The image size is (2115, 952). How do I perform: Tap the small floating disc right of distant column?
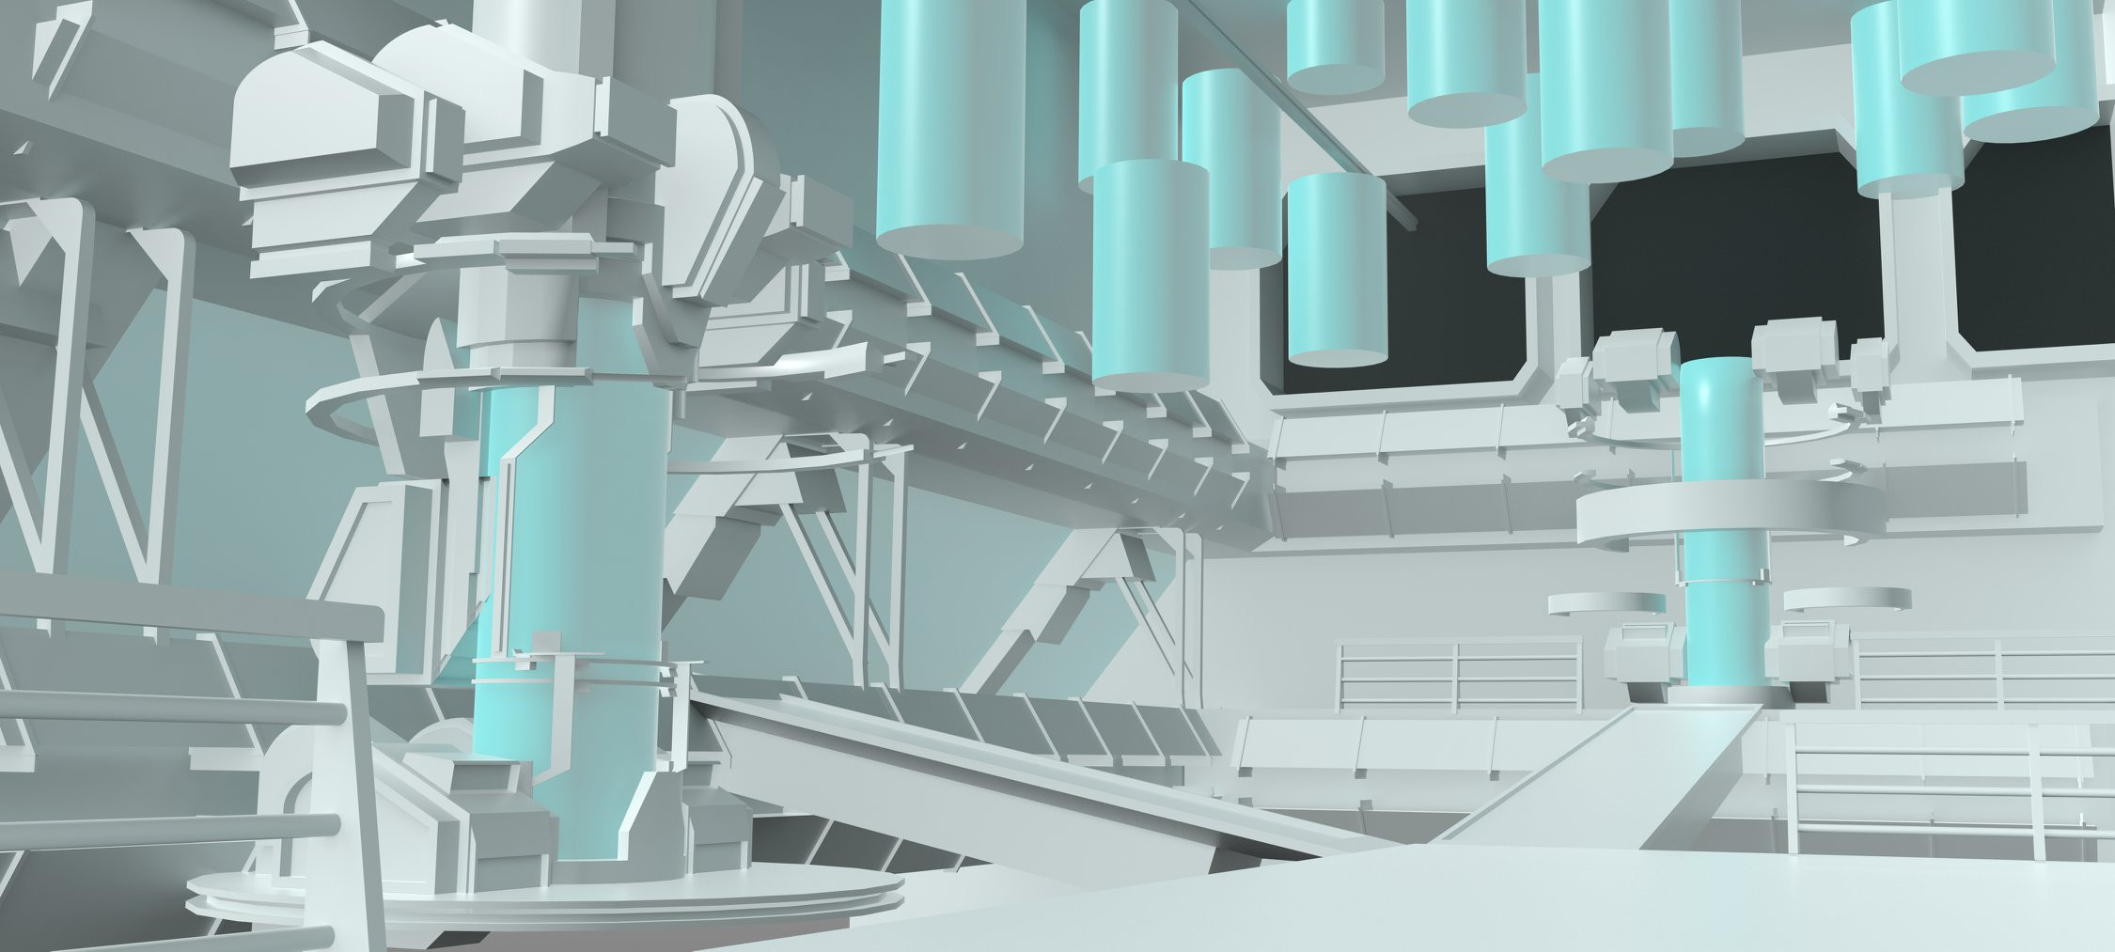click(x=1847, y=599)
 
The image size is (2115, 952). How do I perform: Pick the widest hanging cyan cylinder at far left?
click(x=949, y=132)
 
